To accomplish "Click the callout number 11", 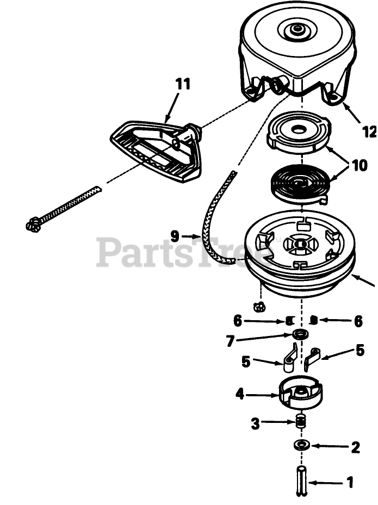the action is (x=183, y=84).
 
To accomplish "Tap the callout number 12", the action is (x=369, y=131).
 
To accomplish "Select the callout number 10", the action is (x=359, y=165).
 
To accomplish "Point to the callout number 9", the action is (x=175, y=236).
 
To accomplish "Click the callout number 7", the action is (x=231, y=341).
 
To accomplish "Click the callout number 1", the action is (x=350, y=482).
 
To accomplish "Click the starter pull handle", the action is (x=157, y=151).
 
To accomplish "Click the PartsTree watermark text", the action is (x=185, y=252).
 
